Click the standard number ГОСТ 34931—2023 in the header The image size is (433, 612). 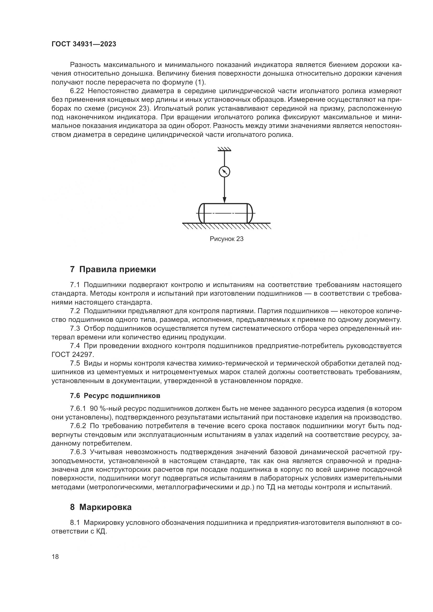[84, 44]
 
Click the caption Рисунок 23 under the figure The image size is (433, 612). [226, 239]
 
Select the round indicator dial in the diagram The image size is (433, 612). [224, 172]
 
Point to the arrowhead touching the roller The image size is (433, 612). [225, 200]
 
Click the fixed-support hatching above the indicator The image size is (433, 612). [224, 149]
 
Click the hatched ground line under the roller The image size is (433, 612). [227, 226]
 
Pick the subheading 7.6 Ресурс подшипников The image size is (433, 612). [115, 396]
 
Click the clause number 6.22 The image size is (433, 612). [77, 91]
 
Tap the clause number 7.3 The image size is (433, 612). [75, 328]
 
